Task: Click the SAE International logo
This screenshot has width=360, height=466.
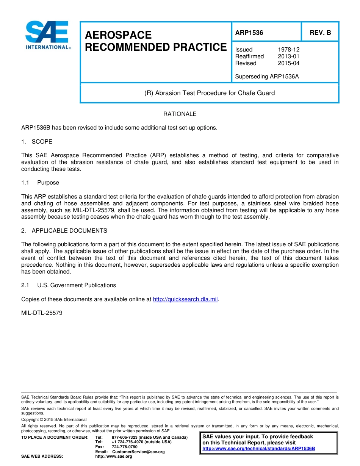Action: point(47,35)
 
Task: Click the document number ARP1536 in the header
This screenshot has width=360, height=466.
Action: point(249,33)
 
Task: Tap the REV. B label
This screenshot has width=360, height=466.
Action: point(320,33)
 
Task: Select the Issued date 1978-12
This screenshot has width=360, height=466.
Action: point(288,50)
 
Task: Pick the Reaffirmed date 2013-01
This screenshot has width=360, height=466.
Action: point(288,56)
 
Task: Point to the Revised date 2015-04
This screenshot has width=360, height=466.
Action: point(288,63)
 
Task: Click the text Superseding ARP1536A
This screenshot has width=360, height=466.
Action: point(267,77)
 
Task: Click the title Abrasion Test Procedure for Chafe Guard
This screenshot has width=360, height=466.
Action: point(210,93)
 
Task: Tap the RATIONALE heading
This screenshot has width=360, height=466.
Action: point(180,114)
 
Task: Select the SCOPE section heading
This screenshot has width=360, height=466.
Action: point(42,142)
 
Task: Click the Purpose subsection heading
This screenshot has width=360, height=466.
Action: point(48,183)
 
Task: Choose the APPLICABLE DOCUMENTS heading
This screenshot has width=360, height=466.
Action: point(69,231)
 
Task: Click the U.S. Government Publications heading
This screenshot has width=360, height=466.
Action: point(77,285)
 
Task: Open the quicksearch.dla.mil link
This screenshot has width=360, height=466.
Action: point(185,299)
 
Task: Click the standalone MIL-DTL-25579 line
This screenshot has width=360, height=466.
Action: point(42,313)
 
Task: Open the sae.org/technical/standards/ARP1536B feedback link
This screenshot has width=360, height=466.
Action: point(258,449)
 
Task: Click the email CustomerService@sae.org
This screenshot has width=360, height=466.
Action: point(138,452)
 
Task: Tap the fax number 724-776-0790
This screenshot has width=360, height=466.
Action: point(125,447)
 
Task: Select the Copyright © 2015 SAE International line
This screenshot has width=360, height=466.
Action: point(54,419)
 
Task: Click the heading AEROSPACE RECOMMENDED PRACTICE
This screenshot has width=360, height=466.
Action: point(155,41)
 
